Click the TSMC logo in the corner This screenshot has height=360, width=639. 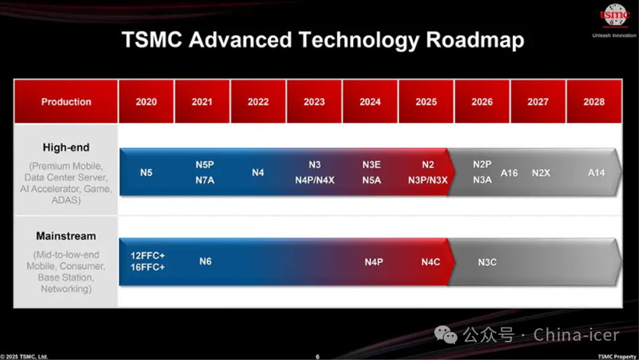click(615, 15)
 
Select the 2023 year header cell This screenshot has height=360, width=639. click(314, 101)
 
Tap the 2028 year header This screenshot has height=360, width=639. click(594, 101)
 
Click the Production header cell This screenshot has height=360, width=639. click(66, 101)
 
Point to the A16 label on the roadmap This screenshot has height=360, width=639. click(509, 173)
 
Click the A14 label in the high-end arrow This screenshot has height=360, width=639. click(596, 173)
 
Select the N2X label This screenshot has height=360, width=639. click(541, 173)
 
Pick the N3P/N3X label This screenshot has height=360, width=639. click(428, 180)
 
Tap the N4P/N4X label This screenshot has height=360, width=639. click(315, 180)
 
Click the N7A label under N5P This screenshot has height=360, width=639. click(204, 180)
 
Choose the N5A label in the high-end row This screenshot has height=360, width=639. click(372, 180)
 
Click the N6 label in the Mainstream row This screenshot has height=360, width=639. click(205, 261)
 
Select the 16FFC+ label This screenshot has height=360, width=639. click(148, 267)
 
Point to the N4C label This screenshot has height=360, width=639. click(431, 262)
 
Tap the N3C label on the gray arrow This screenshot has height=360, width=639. click(487, 262)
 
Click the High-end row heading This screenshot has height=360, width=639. click(66, 148)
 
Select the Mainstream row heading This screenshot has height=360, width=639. click(66, 236)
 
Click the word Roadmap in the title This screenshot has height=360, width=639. click(475, 41)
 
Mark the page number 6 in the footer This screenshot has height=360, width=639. click(318, 356)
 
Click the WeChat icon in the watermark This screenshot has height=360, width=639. click(445, 335)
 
